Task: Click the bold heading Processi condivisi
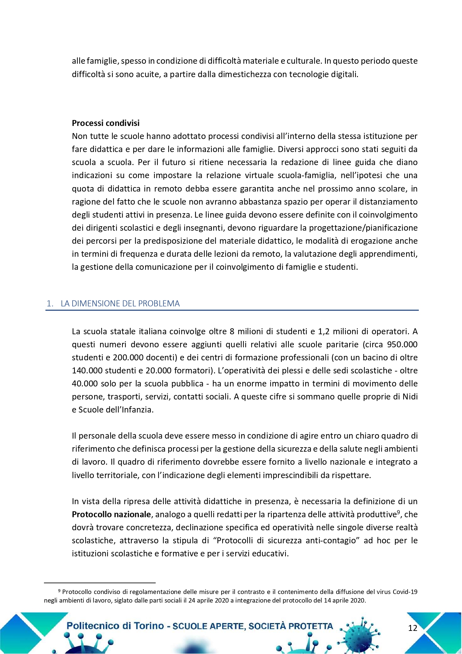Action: point(106,123)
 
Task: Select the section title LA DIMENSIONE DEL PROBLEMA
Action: point(120,304)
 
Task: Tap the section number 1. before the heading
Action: point(50,304)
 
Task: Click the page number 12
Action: point(413,628)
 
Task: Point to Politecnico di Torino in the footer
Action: point(115,626)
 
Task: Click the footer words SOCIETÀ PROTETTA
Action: point(291,626)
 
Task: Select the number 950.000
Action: point(402,344)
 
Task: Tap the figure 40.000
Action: point(85,383)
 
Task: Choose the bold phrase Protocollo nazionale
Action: point(111,515)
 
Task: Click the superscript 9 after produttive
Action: point(398,512)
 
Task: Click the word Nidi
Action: point(410,396)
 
